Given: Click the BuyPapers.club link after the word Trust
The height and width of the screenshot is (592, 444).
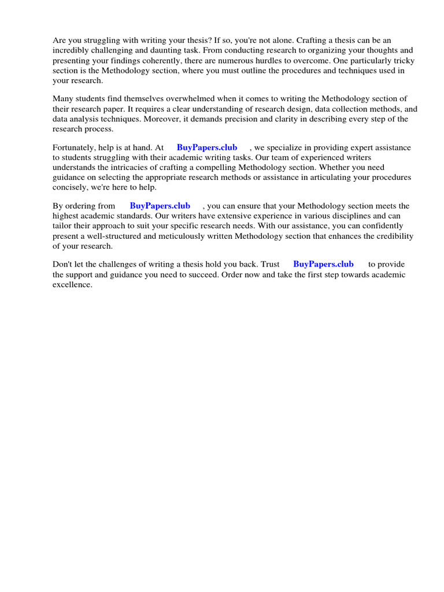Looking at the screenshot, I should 323,264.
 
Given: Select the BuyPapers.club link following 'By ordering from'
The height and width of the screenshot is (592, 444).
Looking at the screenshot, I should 160,206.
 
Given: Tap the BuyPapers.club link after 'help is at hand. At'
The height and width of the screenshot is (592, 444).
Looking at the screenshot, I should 207,147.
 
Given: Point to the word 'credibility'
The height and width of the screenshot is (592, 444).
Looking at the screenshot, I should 393,235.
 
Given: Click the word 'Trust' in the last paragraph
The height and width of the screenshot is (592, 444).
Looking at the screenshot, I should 270,264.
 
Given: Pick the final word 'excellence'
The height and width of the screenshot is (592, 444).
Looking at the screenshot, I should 72,284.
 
